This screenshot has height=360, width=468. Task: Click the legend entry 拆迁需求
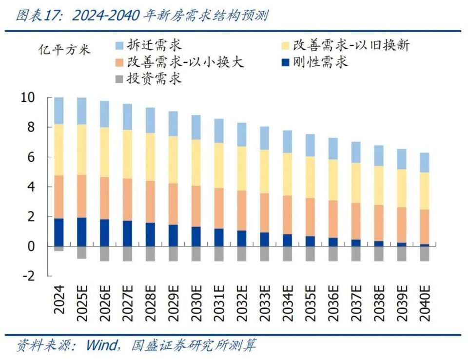[x=148, y=46]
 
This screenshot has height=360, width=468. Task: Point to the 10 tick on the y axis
[x=28, y=97]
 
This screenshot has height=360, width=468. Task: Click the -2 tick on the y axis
[x=29, y=276]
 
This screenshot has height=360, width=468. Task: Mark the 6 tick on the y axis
[x=32, y=157]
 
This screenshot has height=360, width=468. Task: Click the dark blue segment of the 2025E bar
[x=82, y=232]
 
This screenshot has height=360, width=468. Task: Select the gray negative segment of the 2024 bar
[x=59, y=248]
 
